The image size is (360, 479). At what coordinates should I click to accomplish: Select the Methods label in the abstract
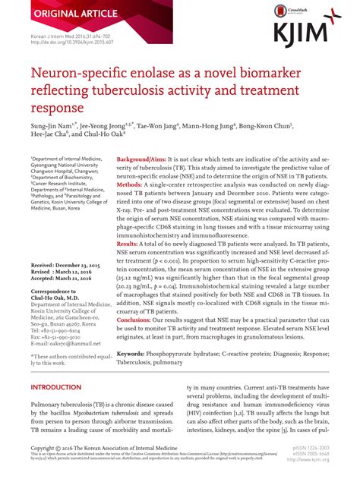[131, 184]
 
